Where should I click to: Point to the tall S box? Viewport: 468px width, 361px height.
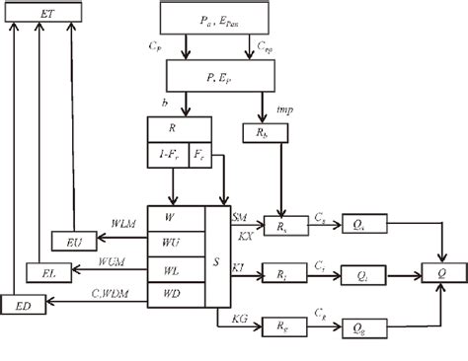217,253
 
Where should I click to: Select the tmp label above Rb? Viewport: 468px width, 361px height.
287,109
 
